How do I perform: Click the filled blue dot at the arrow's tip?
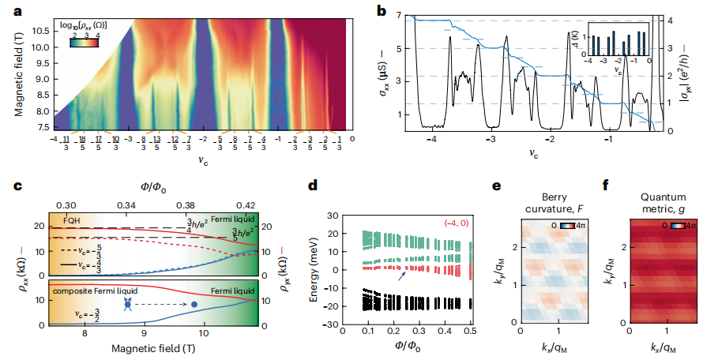tap(194, 304)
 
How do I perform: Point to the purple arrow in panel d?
tap(405, 273)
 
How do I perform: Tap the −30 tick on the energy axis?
tap(332, 324)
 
